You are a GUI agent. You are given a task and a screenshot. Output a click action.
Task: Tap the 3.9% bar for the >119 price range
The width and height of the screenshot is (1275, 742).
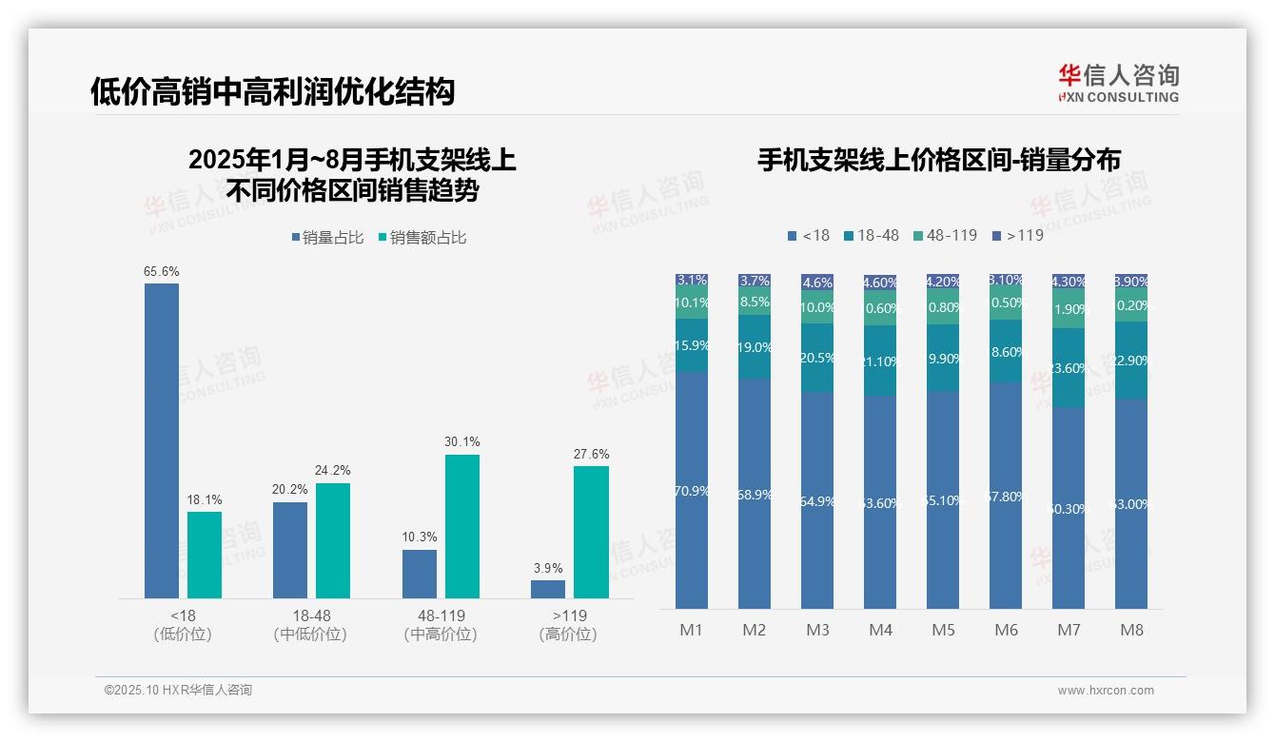click(548, 589)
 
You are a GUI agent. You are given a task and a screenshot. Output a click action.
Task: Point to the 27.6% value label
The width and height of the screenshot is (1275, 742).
click(591, 455)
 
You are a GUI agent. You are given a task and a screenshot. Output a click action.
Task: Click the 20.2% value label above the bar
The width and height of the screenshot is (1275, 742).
click(289, 490)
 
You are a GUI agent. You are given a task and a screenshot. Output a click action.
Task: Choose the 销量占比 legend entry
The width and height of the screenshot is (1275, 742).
click(327, 238)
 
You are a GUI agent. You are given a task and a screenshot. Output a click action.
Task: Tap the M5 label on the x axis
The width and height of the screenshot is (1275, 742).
click(943, 630)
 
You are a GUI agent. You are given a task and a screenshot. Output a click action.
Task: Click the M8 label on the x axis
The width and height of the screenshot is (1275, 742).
click(1131, 630)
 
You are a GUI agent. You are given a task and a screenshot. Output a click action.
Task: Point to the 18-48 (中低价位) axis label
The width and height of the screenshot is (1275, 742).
click(310, 625)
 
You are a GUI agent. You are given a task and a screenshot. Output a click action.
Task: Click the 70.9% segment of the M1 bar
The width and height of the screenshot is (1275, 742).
click(692, 490)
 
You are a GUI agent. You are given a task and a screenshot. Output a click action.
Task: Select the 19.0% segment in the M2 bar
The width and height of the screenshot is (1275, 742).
click(755, 347)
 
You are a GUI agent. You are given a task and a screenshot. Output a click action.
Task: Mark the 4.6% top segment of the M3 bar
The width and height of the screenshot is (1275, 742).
click(817, 283)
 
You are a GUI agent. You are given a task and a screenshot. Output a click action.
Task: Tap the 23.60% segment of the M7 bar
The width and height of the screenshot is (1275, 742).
click(1069, 368)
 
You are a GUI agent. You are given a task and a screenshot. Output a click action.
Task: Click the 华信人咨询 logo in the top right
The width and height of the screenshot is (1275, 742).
click(1118, 83)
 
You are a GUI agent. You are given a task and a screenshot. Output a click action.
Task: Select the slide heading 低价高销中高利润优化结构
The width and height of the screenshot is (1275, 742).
click(273, 91)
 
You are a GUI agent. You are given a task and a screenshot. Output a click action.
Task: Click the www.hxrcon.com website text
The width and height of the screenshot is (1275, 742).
click(1106, 691)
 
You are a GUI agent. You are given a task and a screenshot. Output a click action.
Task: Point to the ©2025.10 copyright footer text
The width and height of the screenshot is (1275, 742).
click(178, 691)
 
